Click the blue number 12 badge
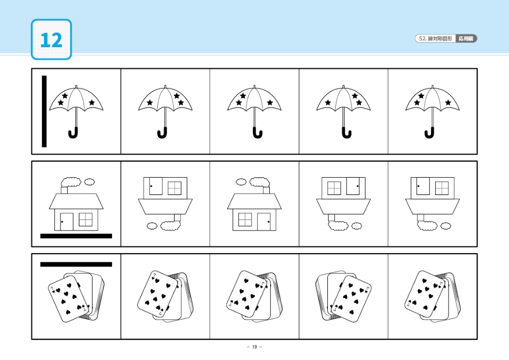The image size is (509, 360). click(x=51, y=40)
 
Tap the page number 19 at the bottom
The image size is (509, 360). click(x=254, y=347)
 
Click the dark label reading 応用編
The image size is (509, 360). click(x=466, y=39)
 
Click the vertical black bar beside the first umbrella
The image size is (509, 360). click(x=44, y=111)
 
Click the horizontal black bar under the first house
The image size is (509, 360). click(x=76, y=236)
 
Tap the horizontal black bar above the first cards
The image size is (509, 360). click(x=76, y=264)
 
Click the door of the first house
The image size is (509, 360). click(x=67, y=221)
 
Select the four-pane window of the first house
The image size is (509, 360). click(x=86, y=219)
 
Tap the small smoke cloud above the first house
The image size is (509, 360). click(x=90, y=181)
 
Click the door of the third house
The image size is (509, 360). click(x=264, y=221)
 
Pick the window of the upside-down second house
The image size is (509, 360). click(x=175, y=187)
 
